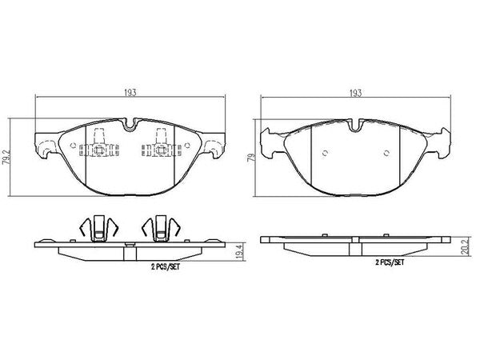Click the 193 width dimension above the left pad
(x=130, y=93)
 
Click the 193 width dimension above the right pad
(x=355, y=93)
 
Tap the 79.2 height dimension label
(x=6, y=158)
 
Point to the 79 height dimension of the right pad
(x=251, y=158)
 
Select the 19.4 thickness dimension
(x=240, y=250)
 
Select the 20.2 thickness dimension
(x=466, y=246)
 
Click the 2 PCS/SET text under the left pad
(x=166, y=266)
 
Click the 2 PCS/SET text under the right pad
(x=390, y=262)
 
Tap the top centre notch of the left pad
(x=130, y=125)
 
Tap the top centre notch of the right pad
(x=355, y=126)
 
